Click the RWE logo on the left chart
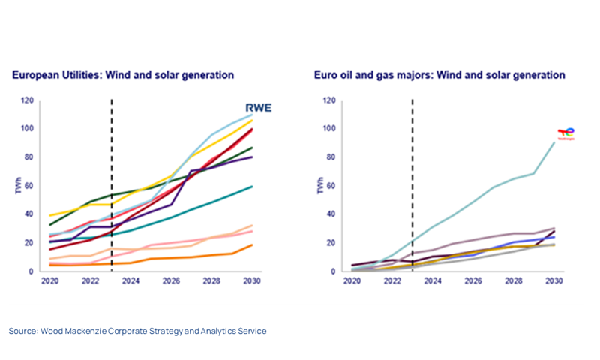(x=259, y=107)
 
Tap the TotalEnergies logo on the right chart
(x=565, y=133)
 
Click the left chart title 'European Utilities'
(x=56, y=75)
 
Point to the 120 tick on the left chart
(x=27, y=100)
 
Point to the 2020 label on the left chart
(x=51, y=281)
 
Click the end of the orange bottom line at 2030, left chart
(x=252, y=245)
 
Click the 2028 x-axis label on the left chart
(x=212, y=281)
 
